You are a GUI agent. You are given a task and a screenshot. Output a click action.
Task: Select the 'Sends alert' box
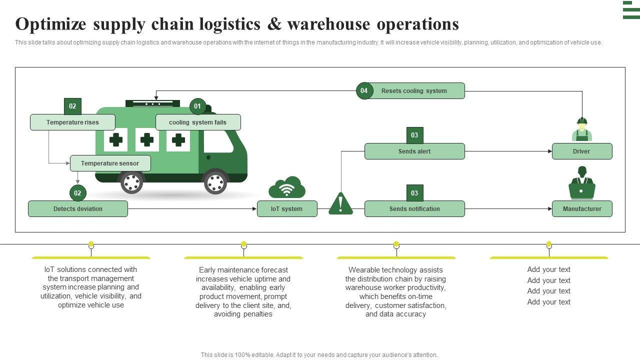pyautogui.click(x=414, y=151)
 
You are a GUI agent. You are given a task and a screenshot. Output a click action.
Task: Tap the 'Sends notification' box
pyautogui.click(x=414, y=209)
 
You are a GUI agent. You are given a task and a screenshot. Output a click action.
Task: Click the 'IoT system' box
pyautogui.click(x=287, y=209)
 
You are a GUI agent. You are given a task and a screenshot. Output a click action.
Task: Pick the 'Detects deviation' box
pyautogui.click(x=78, y=209)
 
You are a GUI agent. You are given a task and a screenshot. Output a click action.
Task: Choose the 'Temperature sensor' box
pyautogui.click(x=110, y=163)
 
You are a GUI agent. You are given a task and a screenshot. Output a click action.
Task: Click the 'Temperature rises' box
pyautogui.click(x=72, y=122)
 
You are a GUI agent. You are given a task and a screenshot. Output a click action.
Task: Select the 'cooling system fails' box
pyautogui.click(x=198, y=122)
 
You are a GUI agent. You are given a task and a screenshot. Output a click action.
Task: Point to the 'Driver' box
pyautogui.click(x=582, y=151)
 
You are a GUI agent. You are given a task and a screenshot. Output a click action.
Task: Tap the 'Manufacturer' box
pyautogui.click(x=582, y=209)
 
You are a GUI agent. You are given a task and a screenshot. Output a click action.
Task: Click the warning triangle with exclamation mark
pyautogui.click(x=340, y=204)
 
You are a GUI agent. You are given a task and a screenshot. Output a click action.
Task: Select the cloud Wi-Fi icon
pyautogui.click(x=287, y=188)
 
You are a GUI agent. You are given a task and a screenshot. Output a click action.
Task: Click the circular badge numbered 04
pyautogui.click(x=364, y=91)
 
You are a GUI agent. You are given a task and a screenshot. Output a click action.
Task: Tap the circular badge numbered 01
pyautogui.click(x=197, y=106)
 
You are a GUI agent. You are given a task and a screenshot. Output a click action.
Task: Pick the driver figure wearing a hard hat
pyautogui.click(x=582, y=129)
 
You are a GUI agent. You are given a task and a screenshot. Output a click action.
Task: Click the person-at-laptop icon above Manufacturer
pyautogui.click(x=582, y=183)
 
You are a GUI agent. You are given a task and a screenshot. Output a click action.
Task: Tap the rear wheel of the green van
pyautogui.click(x=132, y=182)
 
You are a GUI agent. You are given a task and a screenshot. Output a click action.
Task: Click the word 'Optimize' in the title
pyautogui.click(x=50, y=24)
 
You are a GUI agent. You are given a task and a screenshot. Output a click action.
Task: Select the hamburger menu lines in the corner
pyautogui.click(x=631, y=10)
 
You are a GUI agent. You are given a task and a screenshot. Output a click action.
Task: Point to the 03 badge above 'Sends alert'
pyautogui.click(x=414, y=135)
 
